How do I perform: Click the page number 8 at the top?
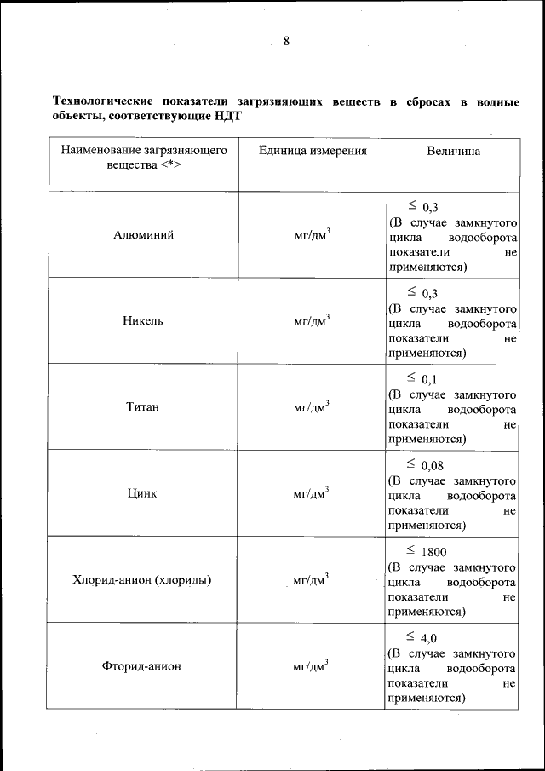pyautogui.click(x=286, y=41)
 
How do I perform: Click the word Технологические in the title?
pyautogui.click(x=100, y=103)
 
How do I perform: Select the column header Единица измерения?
pyautogui.click(x=313, y=151)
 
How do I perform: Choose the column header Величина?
pyautogui.click(x=453, y=151)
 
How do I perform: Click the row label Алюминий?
pyautogui.click(x=143, y=235)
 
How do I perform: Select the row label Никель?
pyautogui.click(x=143, y=321)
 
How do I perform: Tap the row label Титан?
pyautogui.click(x=143, y=407)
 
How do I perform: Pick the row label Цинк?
pyautogui.click(x=143, y=493)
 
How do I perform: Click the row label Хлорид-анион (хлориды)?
pyautogui.click(x=143, y=580)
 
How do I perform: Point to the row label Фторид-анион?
pyautogui.click(x=143, y=666)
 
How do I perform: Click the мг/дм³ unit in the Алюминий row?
pyautogui.click(x=312, y=235)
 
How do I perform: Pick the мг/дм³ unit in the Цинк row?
pyautogui.click(x=312, y=493)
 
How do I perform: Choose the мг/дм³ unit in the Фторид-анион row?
pyautogui.click(x=312, y=666)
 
